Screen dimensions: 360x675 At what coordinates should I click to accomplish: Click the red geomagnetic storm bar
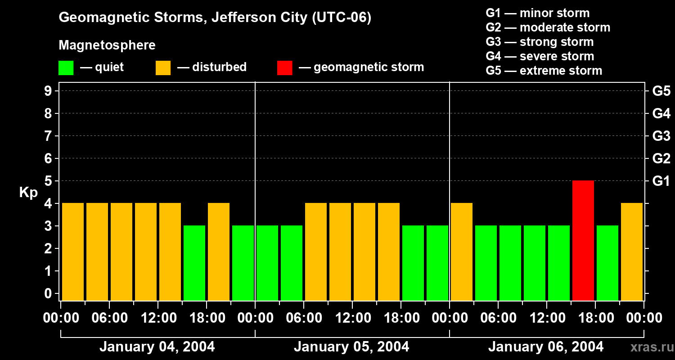click(583, 240)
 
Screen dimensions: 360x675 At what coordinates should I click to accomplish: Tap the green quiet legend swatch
click(66, 67)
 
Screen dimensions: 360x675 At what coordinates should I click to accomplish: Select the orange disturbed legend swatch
click(163, 67)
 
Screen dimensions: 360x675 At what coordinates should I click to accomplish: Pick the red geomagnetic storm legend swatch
click(284, 67)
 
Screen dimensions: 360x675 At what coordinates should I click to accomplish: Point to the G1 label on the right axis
click(661, 181)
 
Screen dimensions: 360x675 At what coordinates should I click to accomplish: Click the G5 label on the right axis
click(661, 91)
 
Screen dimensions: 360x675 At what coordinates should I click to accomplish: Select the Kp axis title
click(28, 193)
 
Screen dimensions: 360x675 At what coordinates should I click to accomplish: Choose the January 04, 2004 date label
click(157, 347)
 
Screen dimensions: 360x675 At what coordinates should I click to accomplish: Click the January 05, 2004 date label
click(351, 347)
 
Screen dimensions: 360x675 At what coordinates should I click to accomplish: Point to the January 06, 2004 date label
click(546, 347)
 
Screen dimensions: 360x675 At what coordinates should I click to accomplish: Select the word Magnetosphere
click(107, 45)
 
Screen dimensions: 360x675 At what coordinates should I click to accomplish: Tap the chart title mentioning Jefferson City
click(215, 18)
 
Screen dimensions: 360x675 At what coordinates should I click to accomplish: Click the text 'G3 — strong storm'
click(540, 42)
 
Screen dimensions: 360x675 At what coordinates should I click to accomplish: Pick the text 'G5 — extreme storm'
click(544, 71)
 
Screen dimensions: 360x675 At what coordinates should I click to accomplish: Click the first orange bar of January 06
click(462, 252)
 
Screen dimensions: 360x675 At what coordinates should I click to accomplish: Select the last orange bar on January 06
click(632, 252)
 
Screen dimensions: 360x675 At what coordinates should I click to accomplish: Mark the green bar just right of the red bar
click(607, 263)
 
